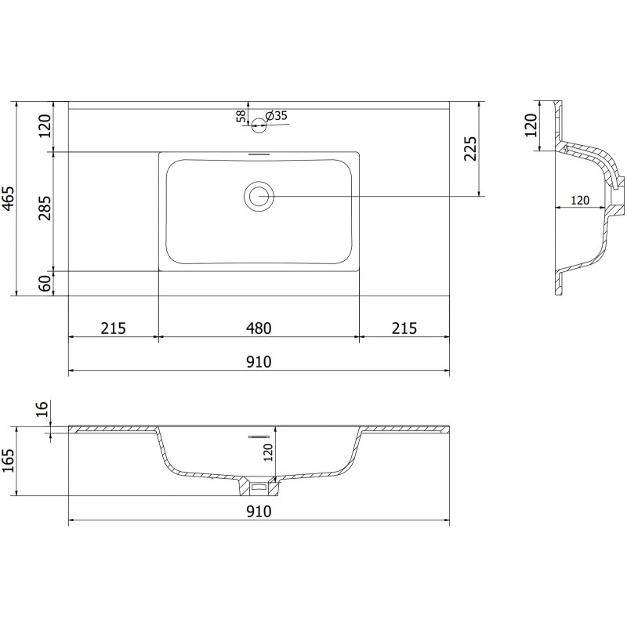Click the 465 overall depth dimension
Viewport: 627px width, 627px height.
click(x=8, y=199)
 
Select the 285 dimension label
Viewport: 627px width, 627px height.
click(x=45, y=209)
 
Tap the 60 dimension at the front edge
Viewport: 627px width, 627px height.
click(x=45, y=284)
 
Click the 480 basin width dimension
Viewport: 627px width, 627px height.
click(x=259, y=328)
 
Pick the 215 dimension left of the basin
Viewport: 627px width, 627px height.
click(x=114, y=328)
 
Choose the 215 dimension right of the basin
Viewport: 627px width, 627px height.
click(x=404, y=328)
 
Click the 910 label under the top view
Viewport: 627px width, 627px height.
click(x=259, y=361)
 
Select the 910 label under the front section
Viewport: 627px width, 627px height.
click(x=259, y=512)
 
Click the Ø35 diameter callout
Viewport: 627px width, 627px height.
click(x=277, y=116)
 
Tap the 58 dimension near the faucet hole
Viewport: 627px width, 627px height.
click(x=241, y=116)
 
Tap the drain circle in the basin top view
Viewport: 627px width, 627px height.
click(x=259, y=196)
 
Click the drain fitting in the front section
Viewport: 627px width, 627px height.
click(x=259, y=487)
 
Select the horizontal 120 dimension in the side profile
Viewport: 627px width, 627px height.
click(x=579, y=201)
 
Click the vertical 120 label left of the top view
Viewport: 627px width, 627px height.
click(x=45, y=125)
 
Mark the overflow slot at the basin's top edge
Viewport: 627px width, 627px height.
click(x=259, y=154)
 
